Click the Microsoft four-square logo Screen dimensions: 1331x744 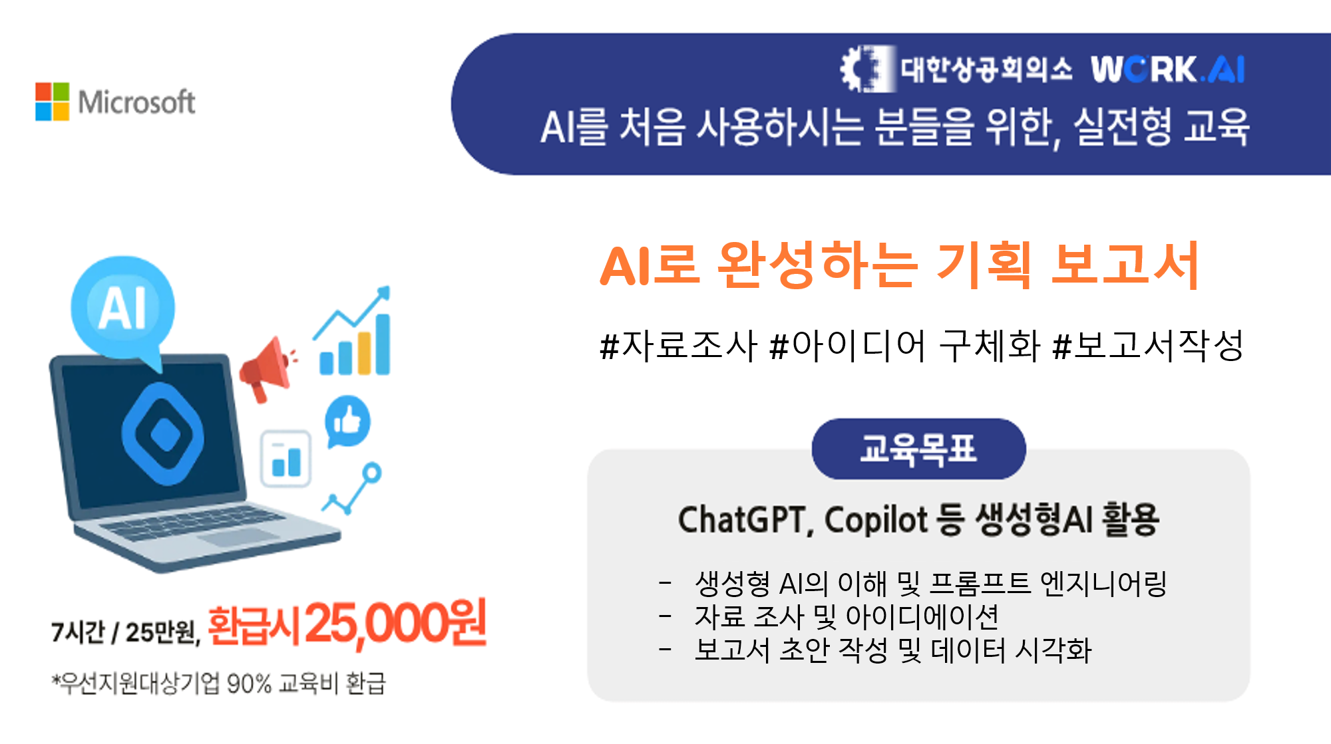pos(52,102)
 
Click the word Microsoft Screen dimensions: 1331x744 pos(136,102)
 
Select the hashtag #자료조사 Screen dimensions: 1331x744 pos(679,346)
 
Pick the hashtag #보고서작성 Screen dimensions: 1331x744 pos(1148,346)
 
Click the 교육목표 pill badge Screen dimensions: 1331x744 pos(918,449)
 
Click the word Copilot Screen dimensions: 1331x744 pos(876,520)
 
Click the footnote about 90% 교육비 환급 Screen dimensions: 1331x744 pos(219,683)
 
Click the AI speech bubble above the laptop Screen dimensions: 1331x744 pos(124,309)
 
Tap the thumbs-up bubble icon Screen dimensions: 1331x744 pos(347,421)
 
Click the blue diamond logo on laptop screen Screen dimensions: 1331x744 pos(163,434)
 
